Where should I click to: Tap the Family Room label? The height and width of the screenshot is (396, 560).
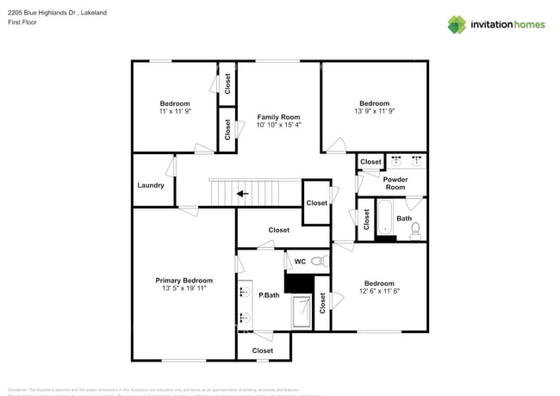pos(278,116)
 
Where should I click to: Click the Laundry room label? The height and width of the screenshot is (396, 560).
pos(151,186)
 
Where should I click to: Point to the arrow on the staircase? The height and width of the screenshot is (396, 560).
pos(243,194)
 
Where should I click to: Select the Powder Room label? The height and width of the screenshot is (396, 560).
pos(395,183)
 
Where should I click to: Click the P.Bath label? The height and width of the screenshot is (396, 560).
pos(270,295)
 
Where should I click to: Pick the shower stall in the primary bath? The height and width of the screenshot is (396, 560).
pos(302,312)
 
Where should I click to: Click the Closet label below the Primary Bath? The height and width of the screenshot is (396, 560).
pos(263,350)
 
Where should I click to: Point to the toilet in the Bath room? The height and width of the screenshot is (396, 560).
pos(415,229)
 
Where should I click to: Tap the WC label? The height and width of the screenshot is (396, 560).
pos(300,261)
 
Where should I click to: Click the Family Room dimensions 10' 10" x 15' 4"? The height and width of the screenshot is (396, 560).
pos(278,126)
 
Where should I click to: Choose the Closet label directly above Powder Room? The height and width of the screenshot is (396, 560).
pos(370,162)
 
